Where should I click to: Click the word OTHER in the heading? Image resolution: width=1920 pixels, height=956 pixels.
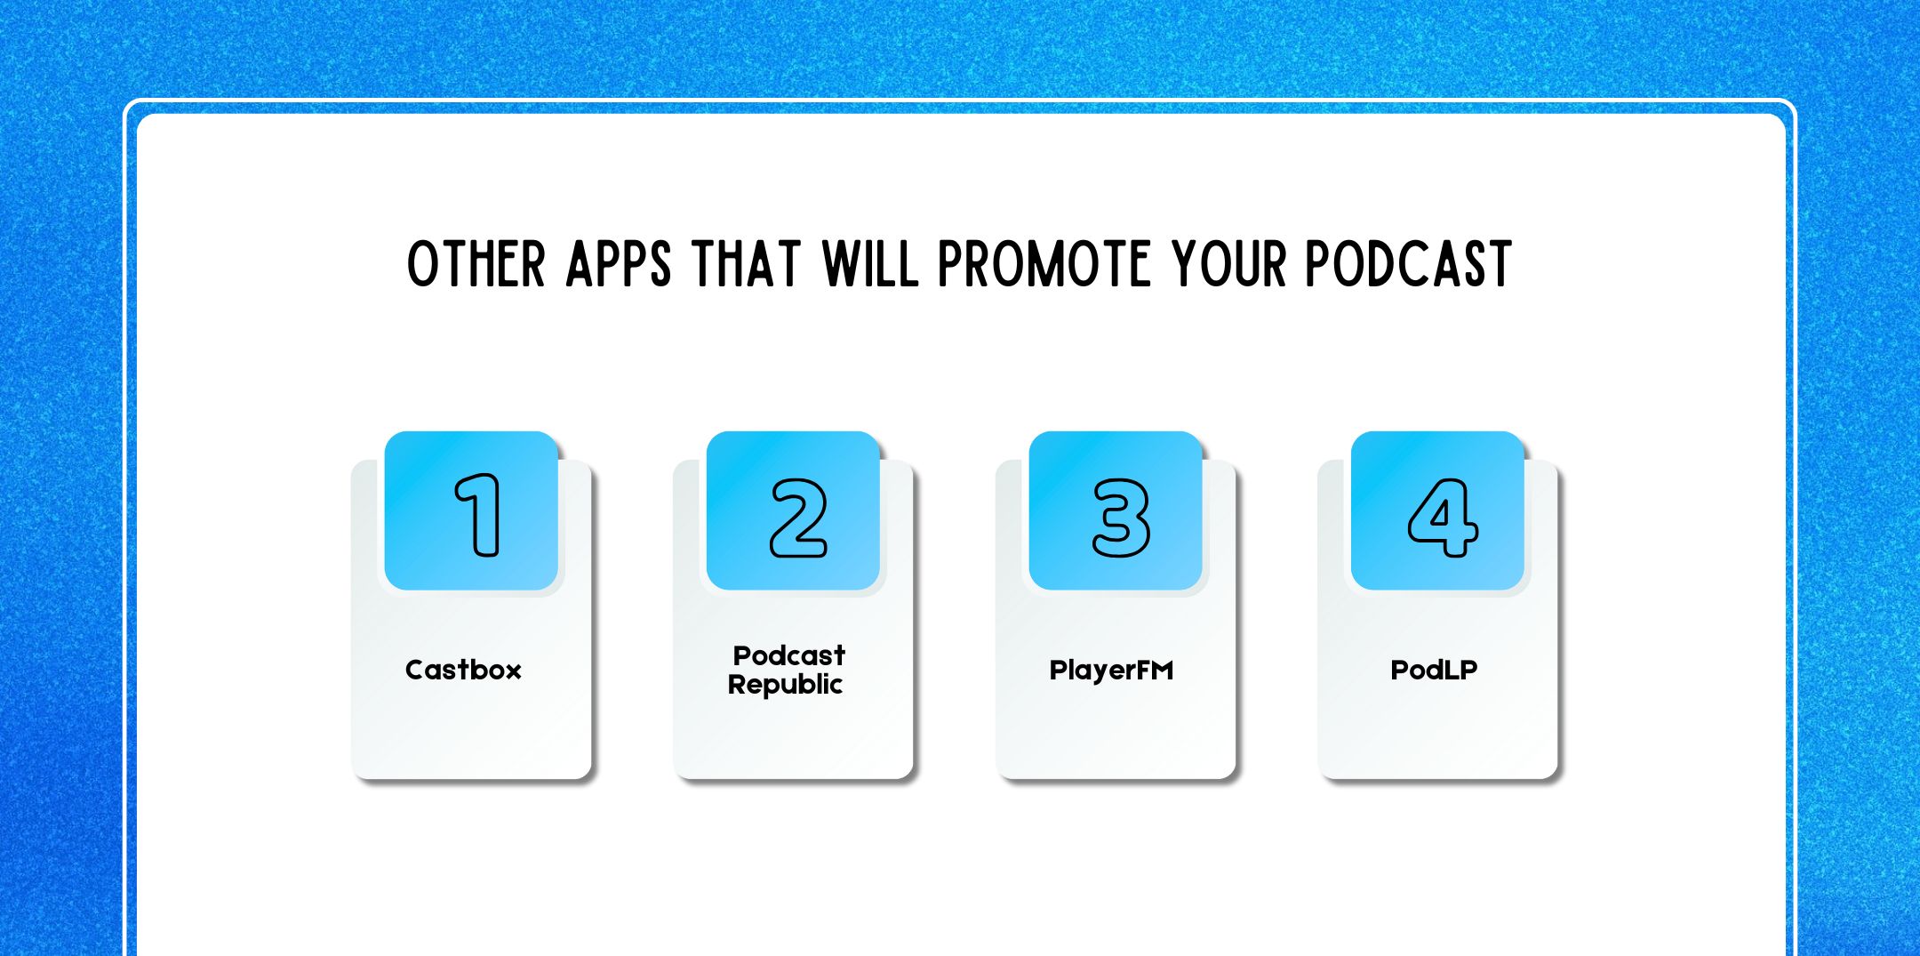point(476,264)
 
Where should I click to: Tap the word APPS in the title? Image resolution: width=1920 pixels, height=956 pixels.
point(619,264)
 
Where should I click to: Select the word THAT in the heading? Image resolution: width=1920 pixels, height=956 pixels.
point(746,264)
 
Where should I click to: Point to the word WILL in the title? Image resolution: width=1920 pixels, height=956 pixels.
point(870,264)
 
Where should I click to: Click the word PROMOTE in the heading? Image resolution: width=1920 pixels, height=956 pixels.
point(1044,264)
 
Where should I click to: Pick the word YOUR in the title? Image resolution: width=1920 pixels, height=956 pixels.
point(1228,264)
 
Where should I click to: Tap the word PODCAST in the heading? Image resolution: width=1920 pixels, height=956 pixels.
point(1408,264)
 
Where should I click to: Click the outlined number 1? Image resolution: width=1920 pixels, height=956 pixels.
point(478,515)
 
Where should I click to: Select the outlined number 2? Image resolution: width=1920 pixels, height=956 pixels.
point(798,518)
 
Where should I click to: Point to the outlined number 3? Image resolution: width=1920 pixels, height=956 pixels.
point(1121,518)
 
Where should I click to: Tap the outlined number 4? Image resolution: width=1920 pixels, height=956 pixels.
point(1443,518)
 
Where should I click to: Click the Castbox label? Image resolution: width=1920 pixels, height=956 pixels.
point(463,670)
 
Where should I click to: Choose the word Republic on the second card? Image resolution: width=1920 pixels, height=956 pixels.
point(785,685)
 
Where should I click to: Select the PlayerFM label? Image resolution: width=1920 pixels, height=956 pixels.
point(1111,670)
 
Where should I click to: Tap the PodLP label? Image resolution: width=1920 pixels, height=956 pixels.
point(1434,670)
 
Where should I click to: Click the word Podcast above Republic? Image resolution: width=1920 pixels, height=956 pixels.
point(788,655)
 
